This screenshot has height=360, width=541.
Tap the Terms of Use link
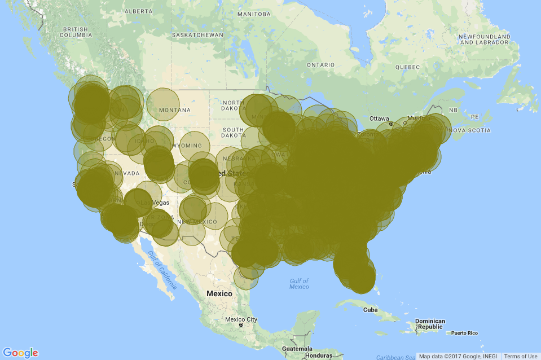pos(520,356)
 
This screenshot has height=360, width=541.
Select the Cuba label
pos(370,310)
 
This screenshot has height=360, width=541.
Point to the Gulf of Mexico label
pos(298,284)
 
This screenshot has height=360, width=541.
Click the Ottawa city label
pos(379,118)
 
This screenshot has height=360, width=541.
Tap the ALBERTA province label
pos(138,11)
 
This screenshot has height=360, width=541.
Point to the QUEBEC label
pos(408,67)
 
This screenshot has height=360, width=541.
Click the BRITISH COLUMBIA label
pos(77,32)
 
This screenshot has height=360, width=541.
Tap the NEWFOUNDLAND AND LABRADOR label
pos(484,39)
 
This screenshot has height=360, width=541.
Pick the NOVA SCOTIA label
pos(471,130)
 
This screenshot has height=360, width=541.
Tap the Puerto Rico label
pos(464,333)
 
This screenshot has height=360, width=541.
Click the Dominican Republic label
pos(429,324)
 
